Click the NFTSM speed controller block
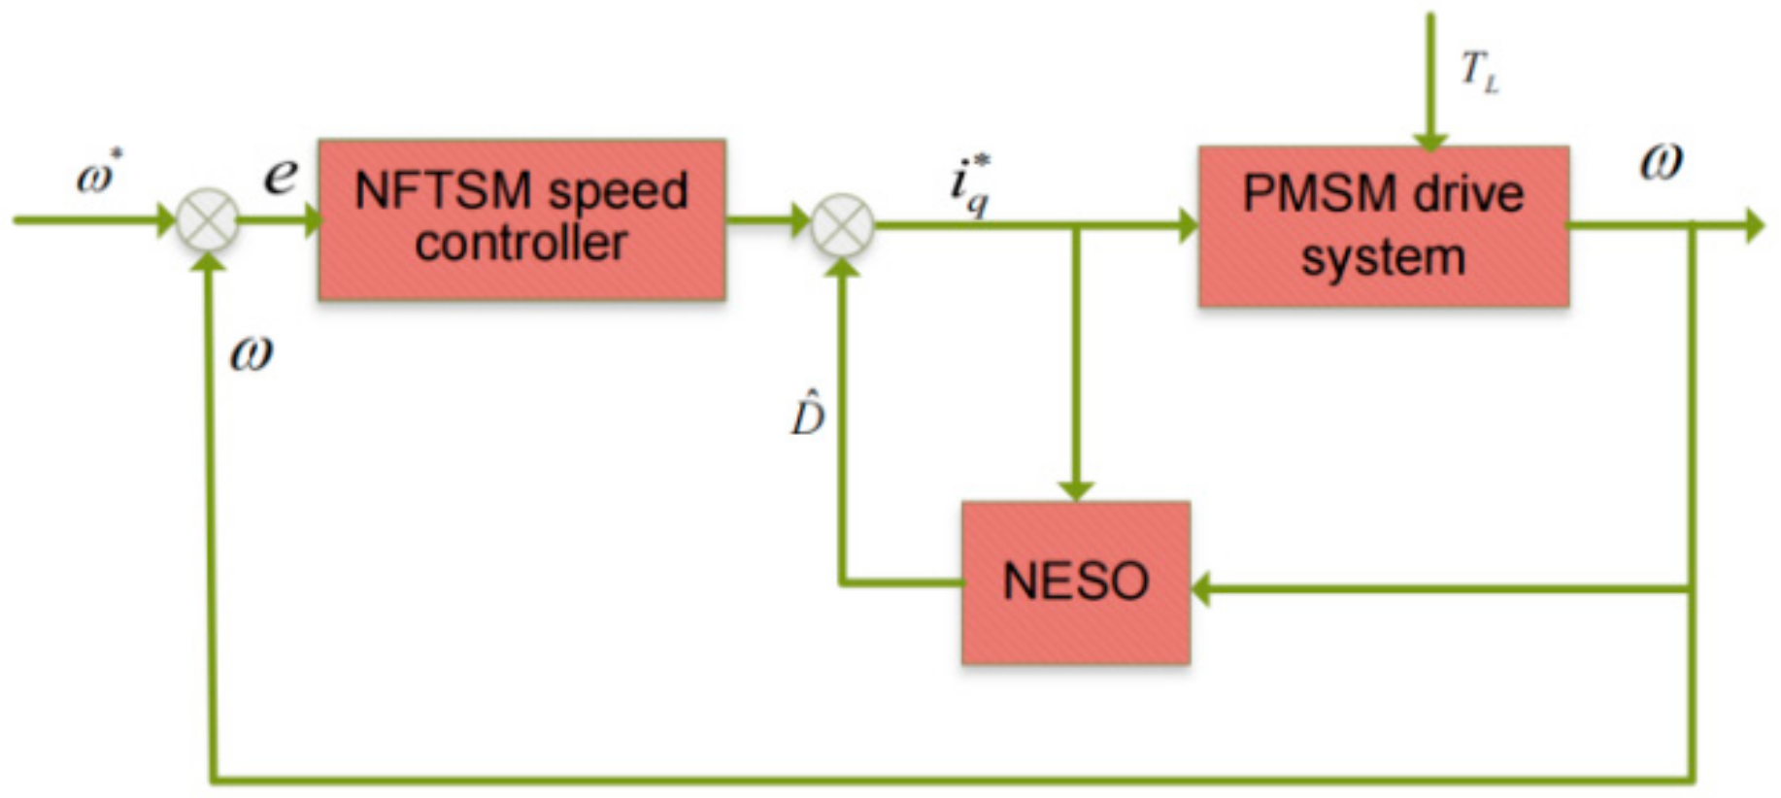point(521,218)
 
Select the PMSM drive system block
point(1383,226)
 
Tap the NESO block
point(1076,582)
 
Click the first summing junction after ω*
point(208,220)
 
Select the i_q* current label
point(970,184)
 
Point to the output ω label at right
point(1661,162)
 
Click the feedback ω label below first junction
point(251,354)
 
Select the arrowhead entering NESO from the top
point(1076,490)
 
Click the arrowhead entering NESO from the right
point(1202,588)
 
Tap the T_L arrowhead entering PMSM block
point(1429,142)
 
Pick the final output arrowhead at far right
point(1754,225)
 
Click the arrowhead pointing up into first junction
point(209,259)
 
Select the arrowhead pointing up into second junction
point(842,265)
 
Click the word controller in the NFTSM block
point(521,243)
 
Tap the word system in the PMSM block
point(1383,258)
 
